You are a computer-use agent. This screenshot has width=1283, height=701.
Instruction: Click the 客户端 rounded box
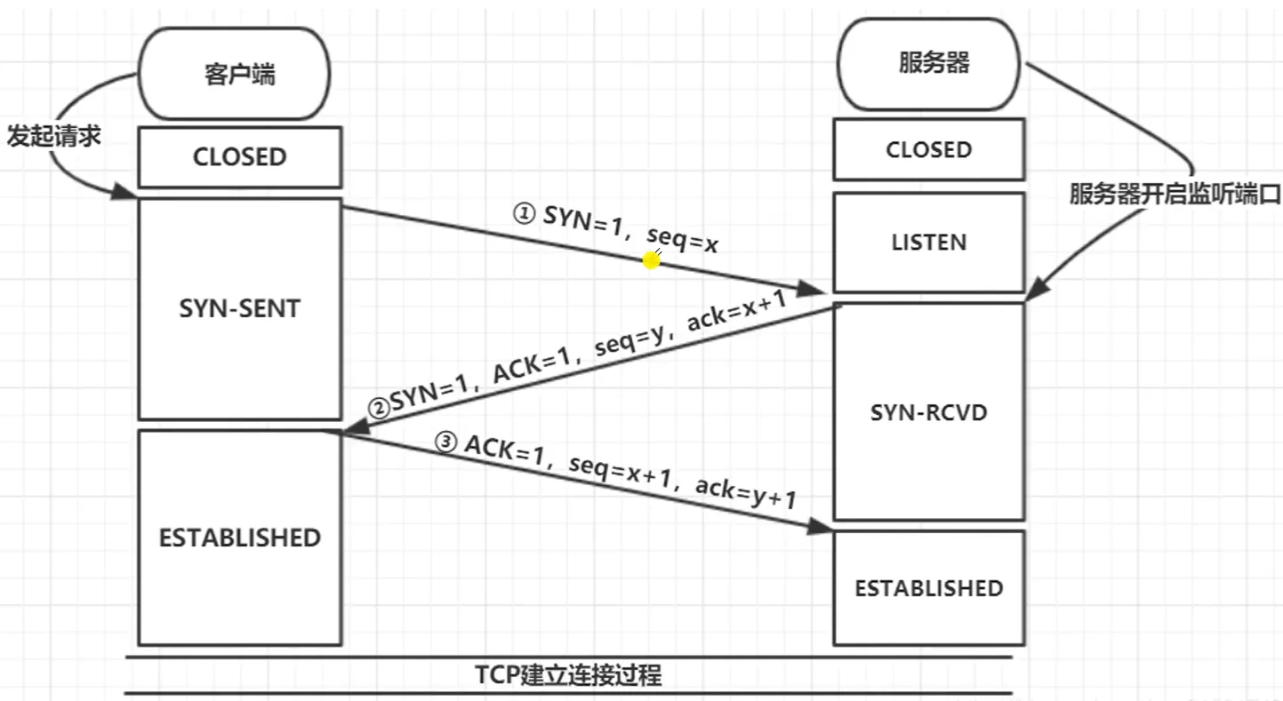pyautogui.click(x=235, y=75)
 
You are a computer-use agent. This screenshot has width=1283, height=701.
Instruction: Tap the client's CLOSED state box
pyautogui.click(x=239, y=157)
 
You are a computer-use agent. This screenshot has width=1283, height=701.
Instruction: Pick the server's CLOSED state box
pyautogui.click(x=928, y=149)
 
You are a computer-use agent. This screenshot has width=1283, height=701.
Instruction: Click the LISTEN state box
pyautogui.click(x=928, y=243)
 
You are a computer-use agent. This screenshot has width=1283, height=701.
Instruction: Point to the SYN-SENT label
pyautogui.click(x=239, y=308)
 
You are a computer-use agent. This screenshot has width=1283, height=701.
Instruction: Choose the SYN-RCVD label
pyautogui.click(x=928, y=412)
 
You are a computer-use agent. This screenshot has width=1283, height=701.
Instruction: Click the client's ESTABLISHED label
pyautogui.click(x=239, y=538)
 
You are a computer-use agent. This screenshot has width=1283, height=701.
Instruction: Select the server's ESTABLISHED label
pyautogui.click(x=928, y=588)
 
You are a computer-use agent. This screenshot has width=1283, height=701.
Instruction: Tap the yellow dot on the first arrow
pyautogui.click(x=652, y=260)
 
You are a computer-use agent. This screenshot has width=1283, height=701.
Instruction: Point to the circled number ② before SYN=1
pyautogui.click(x=379, y=408)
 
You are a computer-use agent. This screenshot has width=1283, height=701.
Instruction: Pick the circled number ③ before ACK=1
pyautogui.click(x=448, y=442)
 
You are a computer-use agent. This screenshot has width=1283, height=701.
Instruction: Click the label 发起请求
pyautogui.click(x=53, y=137)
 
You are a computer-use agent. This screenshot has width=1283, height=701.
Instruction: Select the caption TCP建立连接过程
pyautogui.click(x=568, y=674)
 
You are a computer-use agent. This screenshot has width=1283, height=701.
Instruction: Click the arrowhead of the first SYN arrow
pyautogui.click(x=817, y=289)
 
